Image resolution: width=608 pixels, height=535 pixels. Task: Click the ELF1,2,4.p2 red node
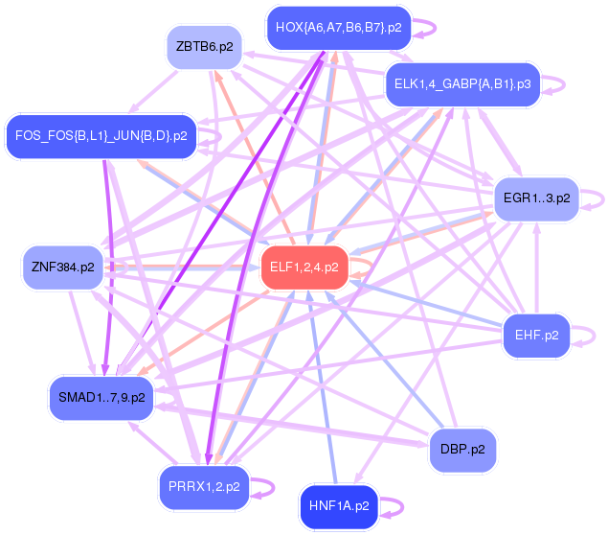(x=304, y=267)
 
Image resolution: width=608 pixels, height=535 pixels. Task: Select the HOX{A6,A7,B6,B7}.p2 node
(x=338, y=27)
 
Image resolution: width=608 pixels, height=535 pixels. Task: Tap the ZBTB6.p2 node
(x=205, y=46)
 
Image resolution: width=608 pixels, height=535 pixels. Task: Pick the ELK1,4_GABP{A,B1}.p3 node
(x=462, y=84)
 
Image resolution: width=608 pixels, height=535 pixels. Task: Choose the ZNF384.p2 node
(x=63, y=267)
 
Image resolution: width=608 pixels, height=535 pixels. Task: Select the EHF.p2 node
(x=536, y=336)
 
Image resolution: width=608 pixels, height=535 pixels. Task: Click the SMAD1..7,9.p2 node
(x=101, y=397)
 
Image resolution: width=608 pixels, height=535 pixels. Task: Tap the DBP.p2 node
(x=462, y=449)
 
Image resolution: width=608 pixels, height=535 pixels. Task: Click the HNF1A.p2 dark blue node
(x=338, y=505)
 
